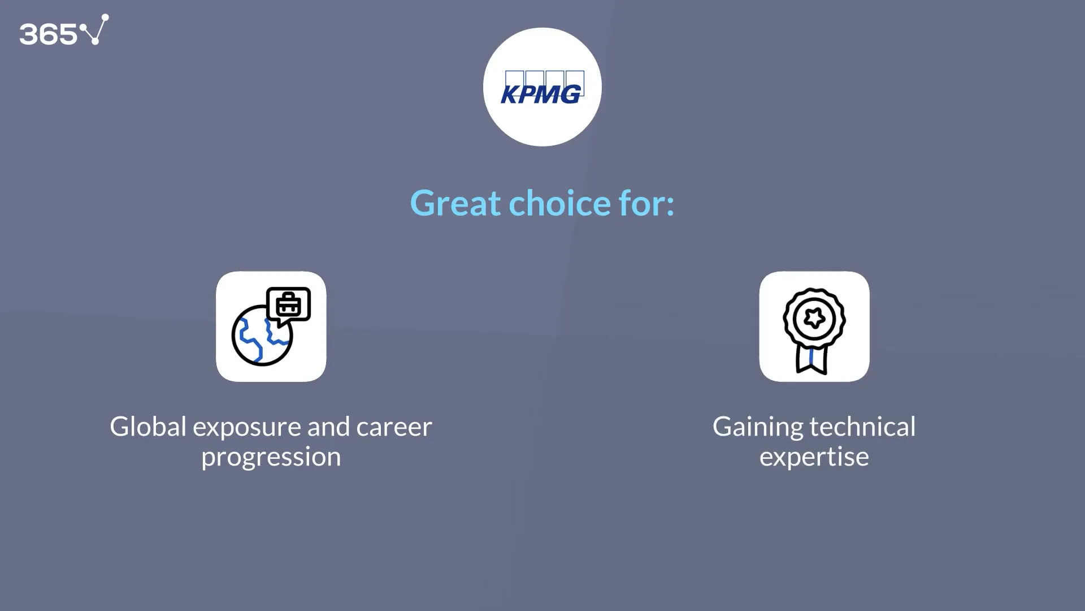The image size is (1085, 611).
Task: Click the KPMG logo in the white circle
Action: (x=542, y=88)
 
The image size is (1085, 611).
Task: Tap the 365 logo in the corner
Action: (x=63, y=31)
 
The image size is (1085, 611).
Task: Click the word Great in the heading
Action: (x=455, y=203)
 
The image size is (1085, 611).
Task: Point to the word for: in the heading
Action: (x=646, y=203)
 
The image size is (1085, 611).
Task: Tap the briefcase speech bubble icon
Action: (x=289, y=305)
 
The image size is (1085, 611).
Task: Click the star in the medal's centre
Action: (x=814, y=318)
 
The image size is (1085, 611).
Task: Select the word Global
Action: (x=148, y=427)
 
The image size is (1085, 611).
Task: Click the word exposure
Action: (x=246, y=428)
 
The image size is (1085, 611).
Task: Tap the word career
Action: (x=394, y=428)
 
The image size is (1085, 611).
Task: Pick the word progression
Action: (x=271, y=457)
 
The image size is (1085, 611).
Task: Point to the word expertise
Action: (x=814, y=457)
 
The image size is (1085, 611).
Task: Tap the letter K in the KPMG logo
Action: (x=510, y=94)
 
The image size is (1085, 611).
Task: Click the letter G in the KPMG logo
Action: (x=571, y=94)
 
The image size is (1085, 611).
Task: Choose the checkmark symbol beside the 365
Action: (x=95, y=29)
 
